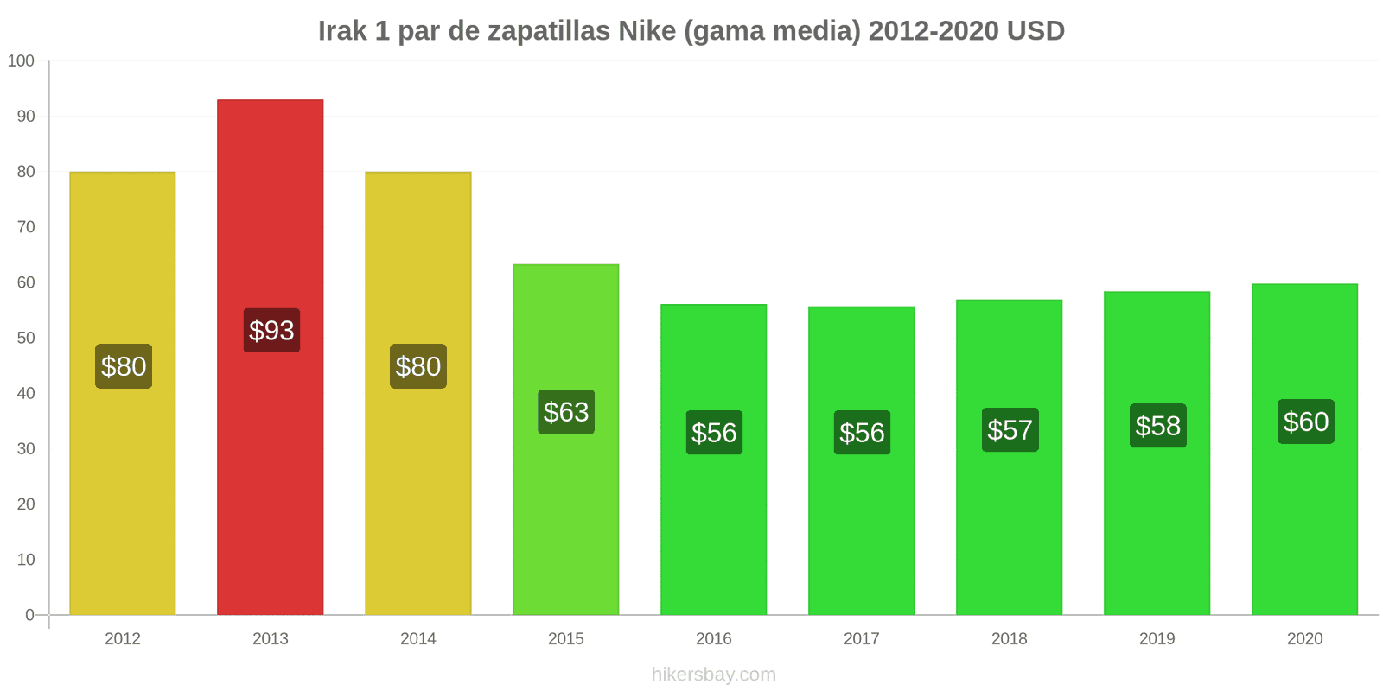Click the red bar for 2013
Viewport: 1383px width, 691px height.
click(271, 358)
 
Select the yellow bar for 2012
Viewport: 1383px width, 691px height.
click(122, 394)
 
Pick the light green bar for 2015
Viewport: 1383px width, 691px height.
click(565, 440)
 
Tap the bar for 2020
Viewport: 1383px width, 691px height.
click(1304, 449)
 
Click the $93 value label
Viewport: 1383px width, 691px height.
click(271, 330)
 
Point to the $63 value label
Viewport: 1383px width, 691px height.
click(566, 411)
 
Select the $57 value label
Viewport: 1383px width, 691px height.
click(1010, 429)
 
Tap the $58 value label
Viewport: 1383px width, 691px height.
click(1157, 426)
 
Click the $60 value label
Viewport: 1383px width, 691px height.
click(1306, 422)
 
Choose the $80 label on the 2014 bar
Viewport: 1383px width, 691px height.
click(418, 366)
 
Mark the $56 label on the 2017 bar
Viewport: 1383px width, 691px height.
click(862, 433)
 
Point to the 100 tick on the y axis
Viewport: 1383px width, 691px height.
click(21, 60)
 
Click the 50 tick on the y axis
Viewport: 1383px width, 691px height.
click(26, 338)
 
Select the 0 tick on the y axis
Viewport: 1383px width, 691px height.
click(29, 614)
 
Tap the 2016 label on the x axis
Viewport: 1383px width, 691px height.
click(714, 638)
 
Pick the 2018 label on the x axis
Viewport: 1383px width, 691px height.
click(1010, 638)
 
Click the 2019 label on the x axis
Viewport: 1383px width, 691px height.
click(1157, 638)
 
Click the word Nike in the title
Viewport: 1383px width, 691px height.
click(647, 30)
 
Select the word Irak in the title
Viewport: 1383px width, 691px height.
click(341, 30)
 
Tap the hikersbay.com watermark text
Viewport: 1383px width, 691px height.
click(714, 674)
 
